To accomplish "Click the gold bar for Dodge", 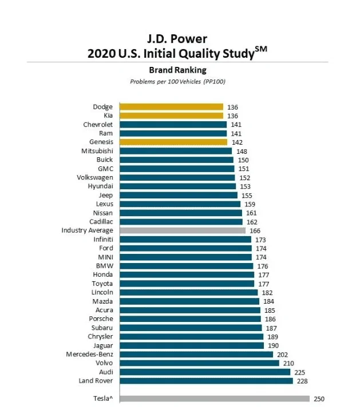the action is click(171, 107).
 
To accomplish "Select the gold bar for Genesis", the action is click(173, 142).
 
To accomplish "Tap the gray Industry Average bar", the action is click(183, 230).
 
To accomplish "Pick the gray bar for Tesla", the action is click(215, 399).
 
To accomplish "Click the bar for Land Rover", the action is click(206, 381).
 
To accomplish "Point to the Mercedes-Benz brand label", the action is click(90, 354).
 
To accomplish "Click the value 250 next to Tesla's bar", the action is click(319, 399).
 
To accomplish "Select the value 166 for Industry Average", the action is click(255, 231).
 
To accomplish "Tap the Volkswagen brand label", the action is click(95, 177).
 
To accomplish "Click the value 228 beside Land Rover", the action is click(302, 381).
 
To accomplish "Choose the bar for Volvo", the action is click(199, 363).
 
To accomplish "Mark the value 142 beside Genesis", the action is click(237, 142).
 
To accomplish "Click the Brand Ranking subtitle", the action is click(177, 70).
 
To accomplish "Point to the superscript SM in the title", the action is click(261, 49).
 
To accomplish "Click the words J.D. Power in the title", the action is click(177, 39).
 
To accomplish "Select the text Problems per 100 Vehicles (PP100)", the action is click(177, 82).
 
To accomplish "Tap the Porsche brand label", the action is click(101, 319).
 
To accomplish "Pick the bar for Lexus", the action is click(180, 204).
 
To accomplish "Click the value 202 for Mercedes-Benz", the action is click(282, 355).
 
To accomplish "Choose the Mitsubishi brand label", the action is click(97, 151).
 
